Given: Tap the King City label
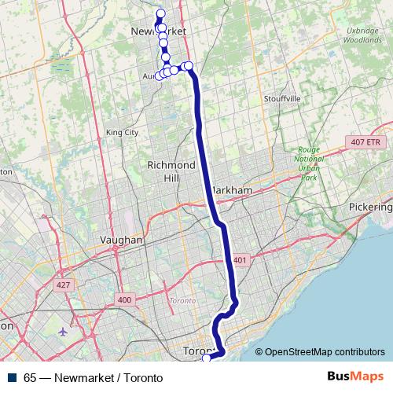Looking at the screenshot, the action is pos(121,133).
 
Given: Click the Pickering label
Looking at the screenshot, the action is pos(370,207).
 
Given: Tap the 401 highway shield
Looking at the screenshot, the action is pos(240,260).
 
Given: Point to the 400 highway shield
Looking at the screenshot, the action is pos(124,299).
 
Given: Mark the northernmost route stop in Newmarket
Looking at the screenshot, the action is pos(161,13).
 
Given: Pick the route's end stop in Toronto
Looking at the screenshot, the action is pos(207,358).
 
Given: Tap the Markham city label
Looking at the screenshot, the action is pos(233,191).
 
